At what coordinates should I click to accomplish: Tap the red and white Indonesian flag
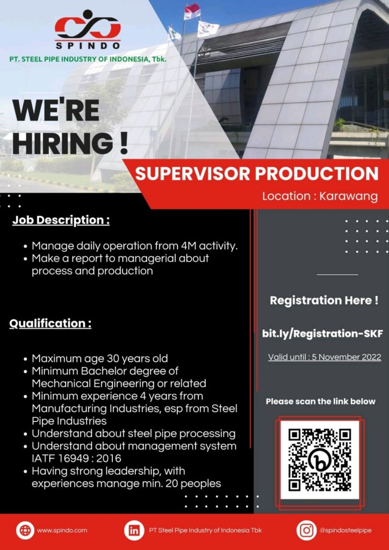[x=192, y=11]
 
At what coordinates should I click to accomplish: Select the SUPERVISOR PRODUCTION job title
[x=257, y=173]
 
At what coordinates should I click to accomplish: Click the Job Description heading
[x=61, y=221]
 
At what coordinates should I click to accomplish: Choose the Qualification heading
[x=50, y=323]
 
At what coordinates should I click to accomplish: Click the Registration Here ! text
[x=324, y=300]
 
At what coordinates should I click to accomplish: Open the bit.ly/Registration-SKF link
[x=322, y=334]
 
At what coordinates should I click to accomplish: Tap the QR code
[x=320, y=460]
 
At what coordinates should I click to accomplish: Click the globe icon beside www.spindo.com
[x=25, y=530]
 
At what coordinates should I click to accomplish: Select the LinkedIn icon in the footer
[x=134, y=530]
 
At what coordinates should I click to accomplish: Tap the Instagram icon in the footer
[x=307, y=530]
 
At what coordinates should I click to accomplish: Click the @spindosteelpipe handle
[x=345, y=530]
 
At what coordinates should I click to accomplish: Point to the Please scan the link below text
[x=321, y=401]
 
